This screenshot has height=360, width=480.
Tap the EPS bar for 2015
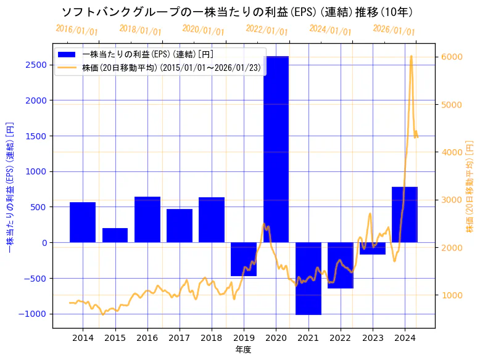tap(115, 235)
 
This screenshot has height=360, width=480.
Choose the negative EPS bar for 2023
tap(373, 248)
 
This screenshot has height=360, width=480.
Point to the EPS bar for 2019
tap(244, 259)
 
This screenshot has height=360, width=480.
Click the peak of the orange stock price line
tap(411, 56)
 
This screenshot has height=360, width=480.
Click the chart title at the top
tap(238, 12)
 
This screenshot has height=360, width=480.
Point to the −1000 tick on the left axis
tap(36, 314)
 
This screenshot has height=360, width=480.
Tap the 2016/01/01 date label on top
tap(77, 30)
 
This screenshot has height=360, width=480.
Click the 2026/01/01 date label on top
tap(394, 30)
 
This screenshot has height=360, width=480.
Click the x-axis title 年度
tap(244, 350)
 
